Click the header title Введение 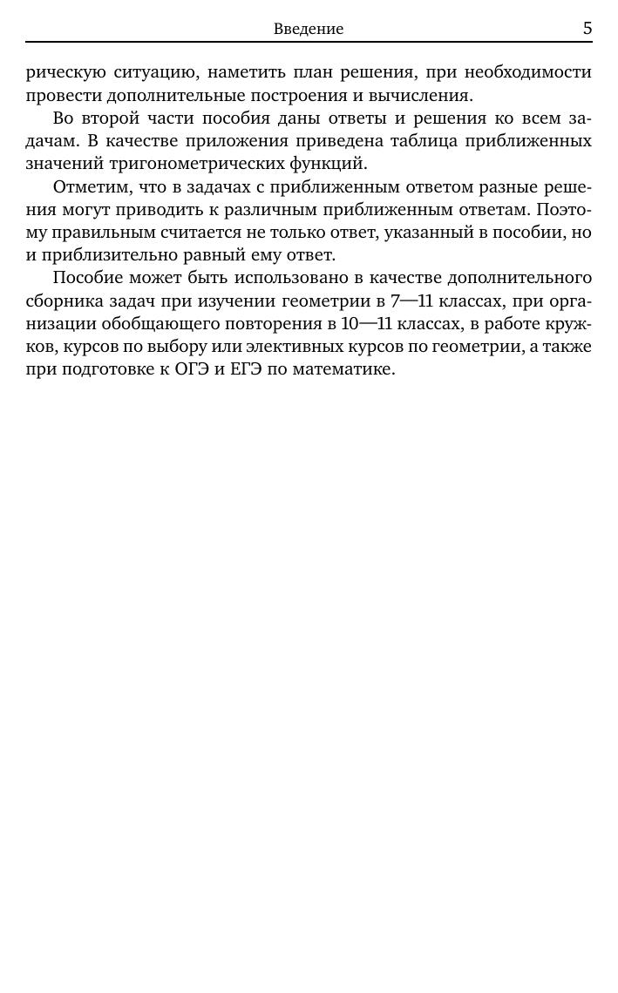(x=309, y=29)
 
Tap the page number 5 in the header (x=587, y=28)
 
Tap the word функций (x=336, y=164)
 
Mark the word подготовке (x=98, y=369)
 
